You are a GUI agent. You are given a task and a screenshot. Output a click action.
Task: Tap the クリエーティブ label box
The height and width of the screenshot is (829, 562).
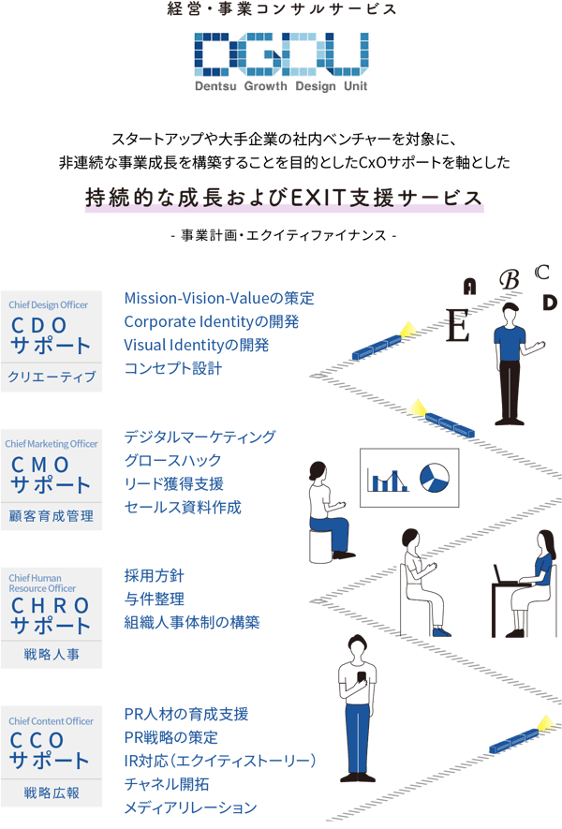(x=52, y=377)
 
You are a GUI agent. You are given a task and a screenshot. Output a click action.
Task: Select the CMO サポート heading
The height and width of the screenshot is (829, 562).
(x=52, y=475)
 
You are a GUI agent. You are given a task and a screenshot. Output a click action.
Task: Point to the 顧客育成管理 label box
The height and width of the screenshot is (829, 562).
(x=52, y=516)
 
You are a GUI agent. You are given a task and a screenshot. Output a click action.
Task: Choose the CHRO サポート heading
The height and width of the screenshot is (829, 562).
(x=52, y=615)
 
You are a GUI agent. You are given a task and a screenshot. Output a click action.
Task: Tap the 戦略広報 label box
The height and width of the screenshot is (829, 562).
(x=52, y=792)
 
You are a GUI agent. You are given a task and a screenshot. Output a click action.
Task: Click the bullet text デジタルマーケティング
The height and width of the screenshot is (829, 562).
(x=200, y=437)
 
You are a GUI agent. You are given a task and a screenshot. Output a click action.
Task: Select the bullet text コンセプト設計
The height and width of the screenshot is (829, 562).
(x=173, y=369)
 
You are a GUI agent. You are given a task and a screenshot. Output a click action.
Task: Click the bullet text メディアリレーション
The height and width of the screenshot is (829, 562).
(x=190, y=807)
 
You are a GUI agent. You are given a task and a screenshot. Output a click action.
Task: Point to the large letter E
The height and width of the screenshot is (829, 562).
(x=457, y=326)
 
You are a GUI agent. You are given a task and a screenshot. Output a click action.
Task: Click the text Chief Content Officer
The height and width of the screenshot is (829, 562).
(x=52, y=721)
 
